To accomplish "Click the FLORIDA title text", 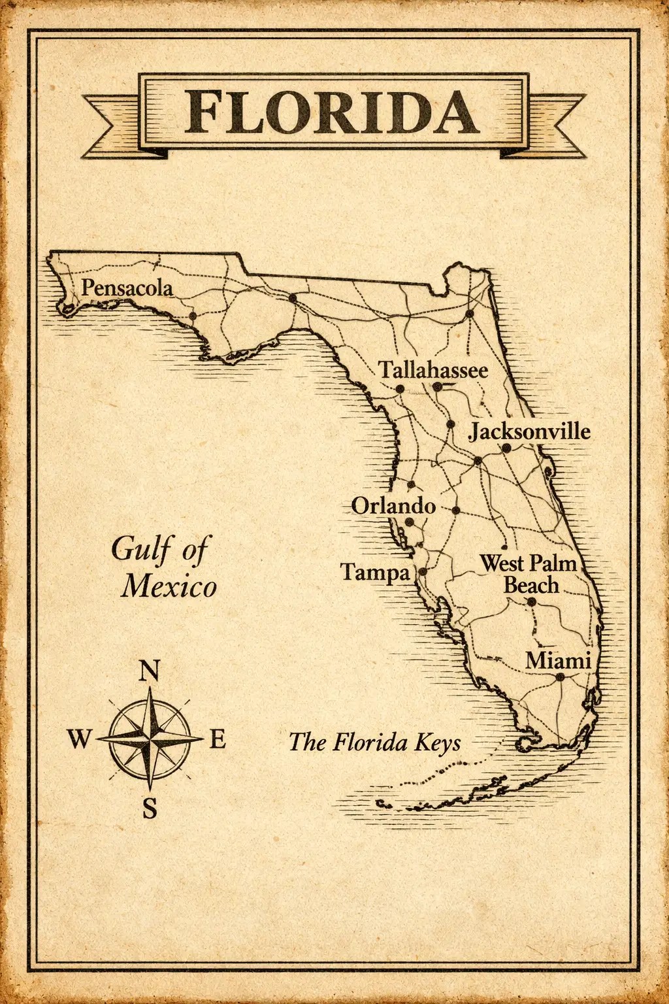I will (x=332, y=112).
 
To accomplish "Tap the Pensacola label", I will (x=127, y=288).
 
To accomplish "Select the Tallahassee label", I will (x=434, y=370).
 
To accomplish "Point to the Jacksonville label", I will (x=530, y=431).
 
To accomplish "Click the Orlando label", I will (x=393, y=505).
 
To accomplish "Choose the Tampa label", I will (x=375, y=573).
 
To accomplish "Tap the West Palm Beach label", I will (x=529, y=573).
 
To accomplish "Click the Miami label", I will (x=558, y=660).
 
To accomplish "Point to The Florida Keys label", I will (x=374, y=743).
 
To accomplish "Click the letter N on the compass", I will (x=150, y=671).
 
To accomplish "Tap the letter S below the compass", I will (x=150, y=809).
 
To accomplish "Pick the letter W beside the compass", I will (x=79, y=740).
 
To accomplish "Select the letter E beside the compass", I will (x=218, y=740).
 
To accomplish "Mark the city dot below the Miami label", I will (x=560, y=677).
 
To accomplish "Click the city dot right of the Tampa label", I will (x=422, y=571).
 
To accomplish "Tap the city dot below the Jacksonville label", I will (x=506, y=448).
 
